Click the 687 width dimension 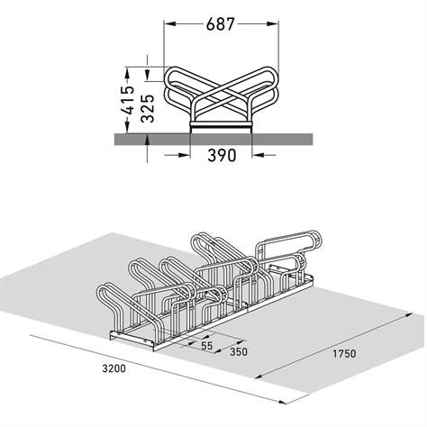(219, 25)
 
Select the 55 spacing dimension (206, 345)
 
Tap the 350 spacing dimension (238, 352)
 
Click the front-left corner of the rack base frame (112, 337)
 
